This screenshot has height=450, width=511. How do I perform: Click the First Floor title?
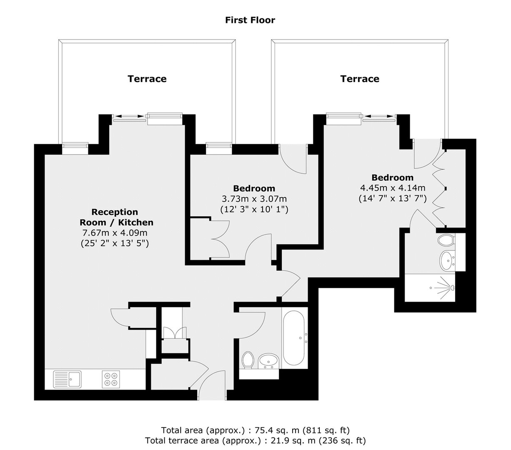click(x=250, y=20)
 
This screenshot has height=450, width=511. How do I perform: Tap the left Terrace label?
click(x=147, y=79)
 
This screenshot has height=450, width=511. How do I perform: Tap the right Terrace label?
click(x=360, y=79)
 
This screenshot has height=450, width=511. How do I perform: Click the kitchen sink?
click(x=68, y=379)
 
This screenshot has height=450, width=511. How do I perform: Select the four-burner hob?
click(x=111, y=379)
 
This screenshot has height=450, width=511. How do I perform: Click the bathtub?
click(x=293, y=338)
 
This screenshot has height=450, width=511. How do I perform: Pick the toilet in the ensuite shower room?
click(x=447, y=240)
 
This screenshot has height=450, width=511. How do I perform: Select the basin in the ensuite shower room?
click(x=447, y=260)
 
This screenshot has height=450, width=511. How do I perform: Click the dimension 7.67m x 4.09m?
click(x=115, y=232)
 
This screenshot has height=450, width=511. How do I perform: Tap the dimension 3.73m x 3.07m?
click(x=254, y=199)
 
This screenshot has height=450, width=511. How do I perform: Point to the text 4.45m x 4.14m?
click(x=393, y=188)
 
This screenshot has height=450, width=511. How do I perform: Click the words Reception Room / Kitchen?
click(x=116, y=217)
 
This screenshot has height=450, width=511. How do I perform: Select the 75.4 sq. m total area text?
click(x=255, y=430)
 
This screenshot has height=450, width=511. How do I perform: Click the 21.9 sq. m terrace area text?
click(x=255, y=441)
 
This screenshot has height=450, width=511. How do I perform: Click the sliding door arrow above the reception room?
click(x=130, y=116)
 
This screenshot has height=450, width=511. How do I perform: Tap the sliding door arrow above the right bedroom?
click(x=379, y=116)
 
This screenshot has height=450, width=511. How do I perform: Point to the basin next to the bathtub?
click(x=268, y=361)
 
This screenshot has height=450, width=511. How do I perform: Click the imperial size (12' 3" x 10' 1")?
click(x=254, y=210)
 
